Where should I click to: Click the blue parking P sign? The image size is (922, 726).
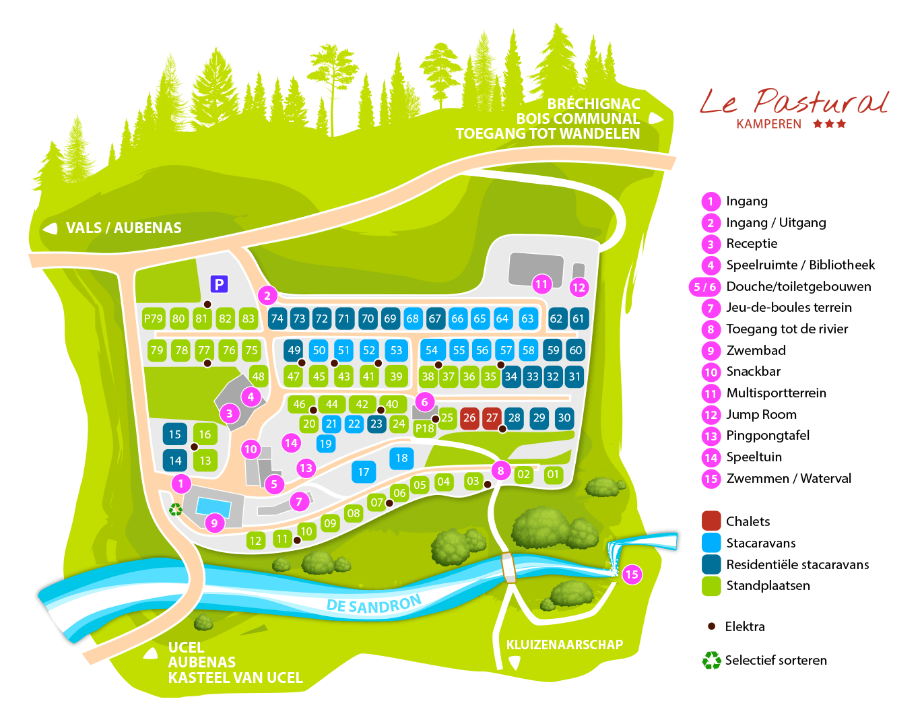tap(219, 284)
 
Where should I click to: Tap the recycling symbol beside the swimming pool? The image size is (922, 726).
tap(176, 510)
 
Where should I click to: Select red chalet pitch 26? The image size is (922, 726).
tap(469, 418)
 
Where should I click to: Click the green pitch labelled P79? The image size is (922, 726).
tap(154, 319)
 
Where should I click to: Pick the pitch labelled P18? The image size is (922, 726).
tap(424, 428)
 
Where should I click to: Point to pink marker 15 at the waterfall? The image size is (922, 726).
tap(632, 574)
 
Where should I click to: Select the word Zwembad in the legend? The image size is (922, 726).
tap(756, 350)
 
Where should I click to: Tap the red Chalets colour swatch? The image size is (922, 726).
tap(711, 521)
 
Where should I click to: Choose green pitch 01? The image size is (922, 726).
tap(553, 474)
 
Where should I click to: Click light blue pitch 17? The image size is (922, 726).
tap(363, 472)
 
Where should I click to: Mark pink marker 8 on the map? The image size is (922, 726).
tap(500, 471)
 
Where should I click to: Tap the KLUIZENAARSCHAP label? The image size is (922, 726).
tap(564, 645)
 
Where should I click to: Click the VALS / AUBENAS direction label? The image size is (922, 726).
tap(123, 228)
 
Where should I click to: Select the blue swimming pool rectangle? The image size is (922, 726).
tap(213, 507)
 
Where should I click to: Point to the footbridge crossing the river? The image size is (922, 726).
tap(509, 568)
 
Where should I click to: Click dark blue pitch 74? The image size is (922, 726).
tap(277, 319)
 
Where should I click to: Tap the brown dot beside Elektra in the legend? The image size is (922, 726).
tap(712, 626)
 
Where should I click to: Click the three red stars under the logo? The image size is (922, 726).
tap(830, 124)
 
